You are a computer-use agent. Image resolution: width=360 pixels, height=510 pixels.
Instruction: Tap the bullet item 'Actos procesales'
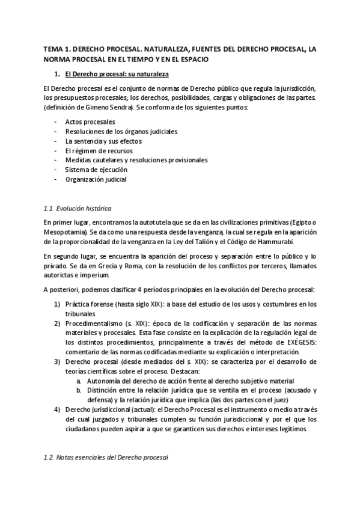(90, 122)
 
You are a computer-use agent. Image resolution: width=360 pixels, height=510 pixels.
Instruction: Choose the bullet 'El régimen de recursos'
(99, 150)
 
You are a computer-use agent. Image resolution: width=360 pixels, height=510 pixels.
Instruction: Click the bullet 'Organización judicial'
(96, 179)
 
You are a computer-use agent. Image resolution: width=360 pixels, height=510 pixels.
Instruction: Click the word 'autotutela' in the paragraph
(154, 222)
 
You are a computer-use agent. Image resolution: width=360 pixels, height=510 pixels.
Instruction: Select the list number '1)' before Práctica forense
(57, 304)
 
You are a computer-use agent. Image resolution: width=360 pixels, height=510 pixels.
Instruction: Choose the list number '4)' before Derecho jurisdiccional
(57, 410)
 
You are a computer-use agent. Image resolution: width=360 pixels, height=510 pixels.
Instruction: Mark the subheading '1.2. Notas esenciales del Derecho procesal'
(106, 458)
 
